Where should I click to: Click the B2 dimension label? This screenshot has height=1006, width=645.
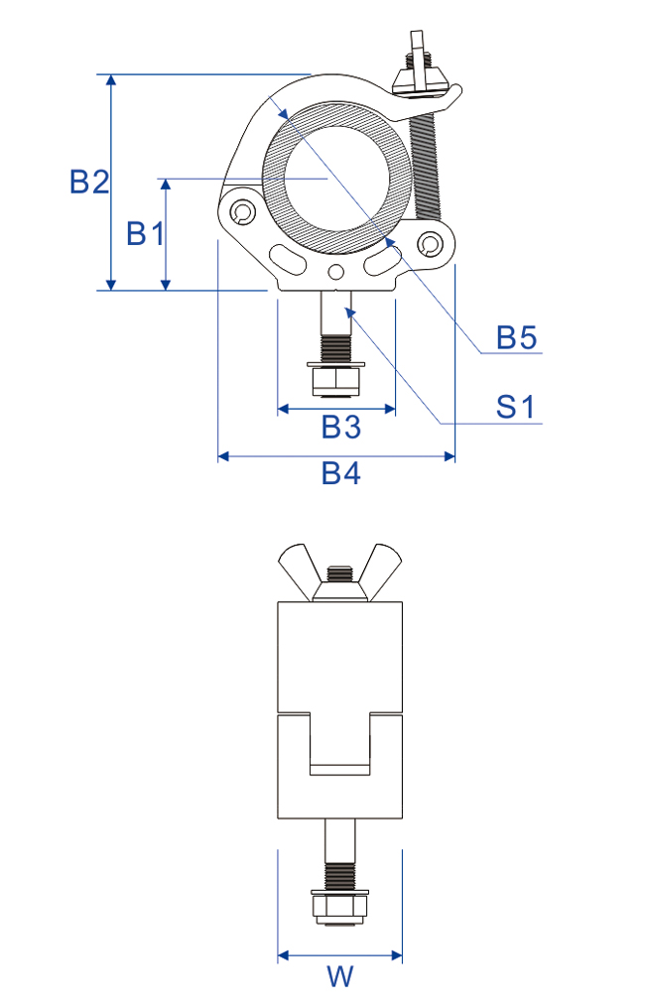pos(89,182)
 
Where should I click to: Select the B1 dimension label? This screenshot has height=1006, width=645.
pos(146,232)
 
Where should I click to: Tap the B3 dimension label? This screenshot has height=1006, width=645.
pos(340,427)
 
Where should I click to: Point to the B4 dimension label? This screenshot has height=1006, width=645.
pos(340,473)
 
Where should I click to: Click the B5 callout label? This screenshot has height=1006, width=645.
pos(517,337)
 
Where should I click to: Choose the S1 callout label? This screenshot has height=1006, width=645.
pos(515,407)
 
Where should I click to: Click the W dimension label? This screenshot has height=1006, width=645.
pos(340,976)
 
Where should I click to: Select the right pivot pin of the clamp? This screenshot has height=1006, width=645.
pos(430,243)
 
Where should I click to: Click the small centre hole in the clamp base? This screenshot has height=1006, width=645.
pos(335,273)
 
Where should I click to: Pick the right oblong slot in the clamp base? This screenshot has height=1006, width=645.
pos(382,260)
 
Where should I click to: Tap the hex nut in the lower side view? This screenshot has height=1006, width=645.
pos(339,909)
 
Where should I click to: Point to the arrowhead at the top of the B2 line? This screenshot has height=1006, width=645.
pos(111,80)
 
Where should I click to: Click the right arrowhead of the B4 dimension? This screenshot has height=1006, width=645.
pos(449,456)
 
